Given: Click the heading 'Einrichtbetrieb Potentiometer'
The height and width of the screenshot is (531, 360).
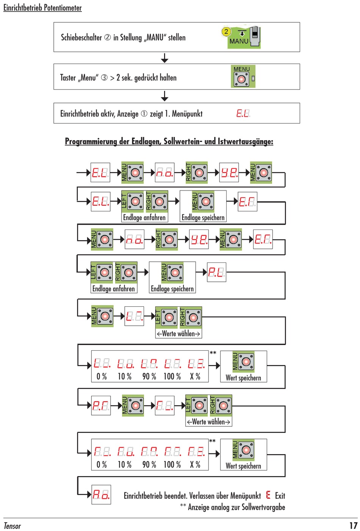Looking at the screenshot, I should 42,8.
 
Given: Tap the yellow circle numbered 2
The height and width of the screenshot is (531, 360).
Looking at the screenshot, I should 226,31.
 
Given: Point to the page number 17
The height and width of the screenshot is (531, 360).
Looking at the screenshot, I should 353,525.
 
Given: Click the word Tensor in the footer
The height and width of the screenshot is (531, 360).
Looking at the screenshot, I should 12,526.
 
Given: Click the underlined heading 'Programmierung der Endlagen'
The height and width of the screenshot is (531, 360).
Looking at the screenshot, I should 169,141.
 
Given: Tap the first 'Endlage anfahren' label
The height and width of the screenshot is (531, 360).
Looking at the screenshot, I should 144,217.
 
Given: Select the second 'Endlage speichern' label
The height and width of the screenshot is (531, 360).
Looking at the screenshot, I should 172,289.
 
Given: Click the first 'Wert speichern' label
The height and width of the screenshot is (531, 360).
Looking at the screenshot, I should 243,378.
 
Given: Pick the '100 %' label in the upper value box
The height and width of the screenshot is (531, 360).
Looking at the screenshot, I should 172,376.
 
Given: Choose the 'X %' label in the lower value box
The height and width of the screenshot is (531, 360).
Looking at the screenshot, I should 195,464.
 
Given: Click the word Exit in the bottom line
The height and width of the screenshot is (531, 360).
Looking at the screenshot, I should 280,495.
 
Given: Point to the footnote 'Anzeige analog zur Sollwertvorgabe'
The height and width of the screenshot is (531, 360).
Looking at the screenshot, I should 236,507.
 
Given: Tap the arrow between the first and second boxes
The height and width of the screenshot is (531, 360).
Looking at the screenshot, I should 164,58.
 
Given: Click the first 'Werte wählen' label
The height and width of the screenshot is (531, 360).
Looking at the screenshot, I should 178,334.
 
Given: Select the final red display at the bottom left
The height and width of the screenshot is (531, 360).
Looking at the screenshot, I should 101,494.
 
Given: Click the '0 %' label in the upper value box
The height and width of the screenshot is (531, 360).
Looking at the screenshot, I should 102,376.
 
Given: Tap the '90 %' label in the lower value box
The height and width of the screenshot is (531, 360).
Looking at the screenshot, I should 149,464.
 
